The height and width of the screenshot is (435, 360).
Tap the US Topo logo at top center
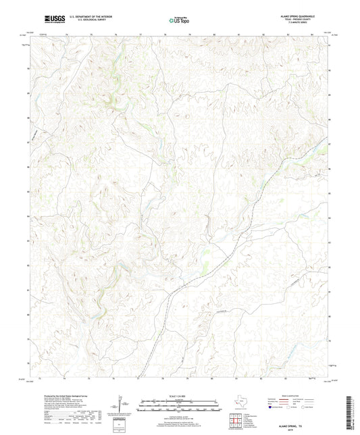pos(174,21)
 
